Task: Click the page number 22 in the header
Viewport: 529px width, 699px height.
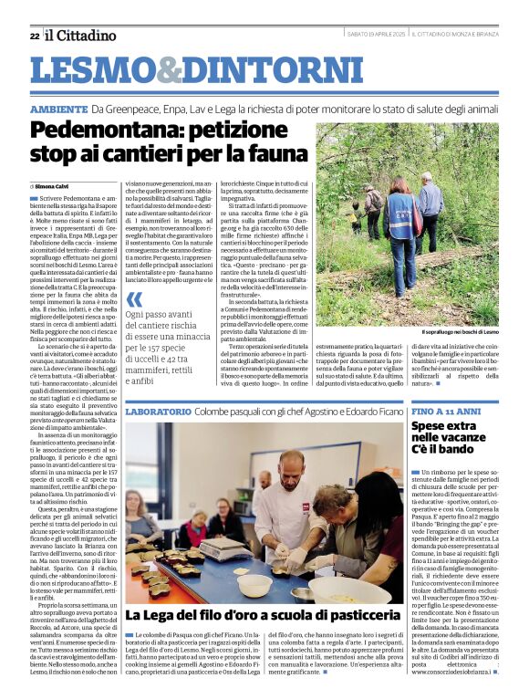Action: [x=34, y=36]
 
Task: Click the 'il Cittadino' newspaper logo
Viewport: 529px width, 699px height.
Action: [x=81, y=35]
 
